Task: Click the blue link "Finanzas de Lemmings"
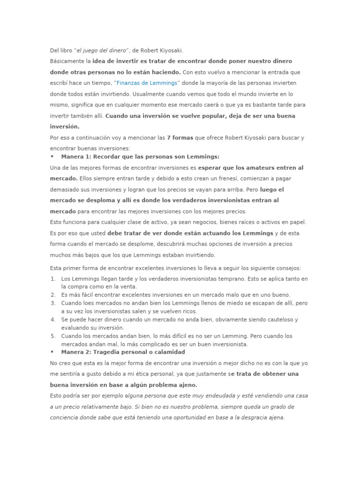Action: click(x=147, y=83)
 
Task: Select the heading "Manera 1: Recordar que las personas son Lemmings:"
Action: click(x=140, y=157)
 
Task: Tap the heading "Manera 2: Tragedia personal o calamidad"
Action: click(x=123, y=352)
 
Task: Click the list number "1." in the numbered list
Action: click(x=53, y=279)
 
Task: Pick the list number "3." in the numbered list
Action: click(x=53, y=303)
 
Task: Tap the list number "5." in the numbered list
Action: click(x=53, y=336)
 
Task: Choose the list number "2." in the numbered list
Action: click(x=53, y=295)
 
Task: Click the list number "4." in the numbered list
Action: click(x=53, y=320)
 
